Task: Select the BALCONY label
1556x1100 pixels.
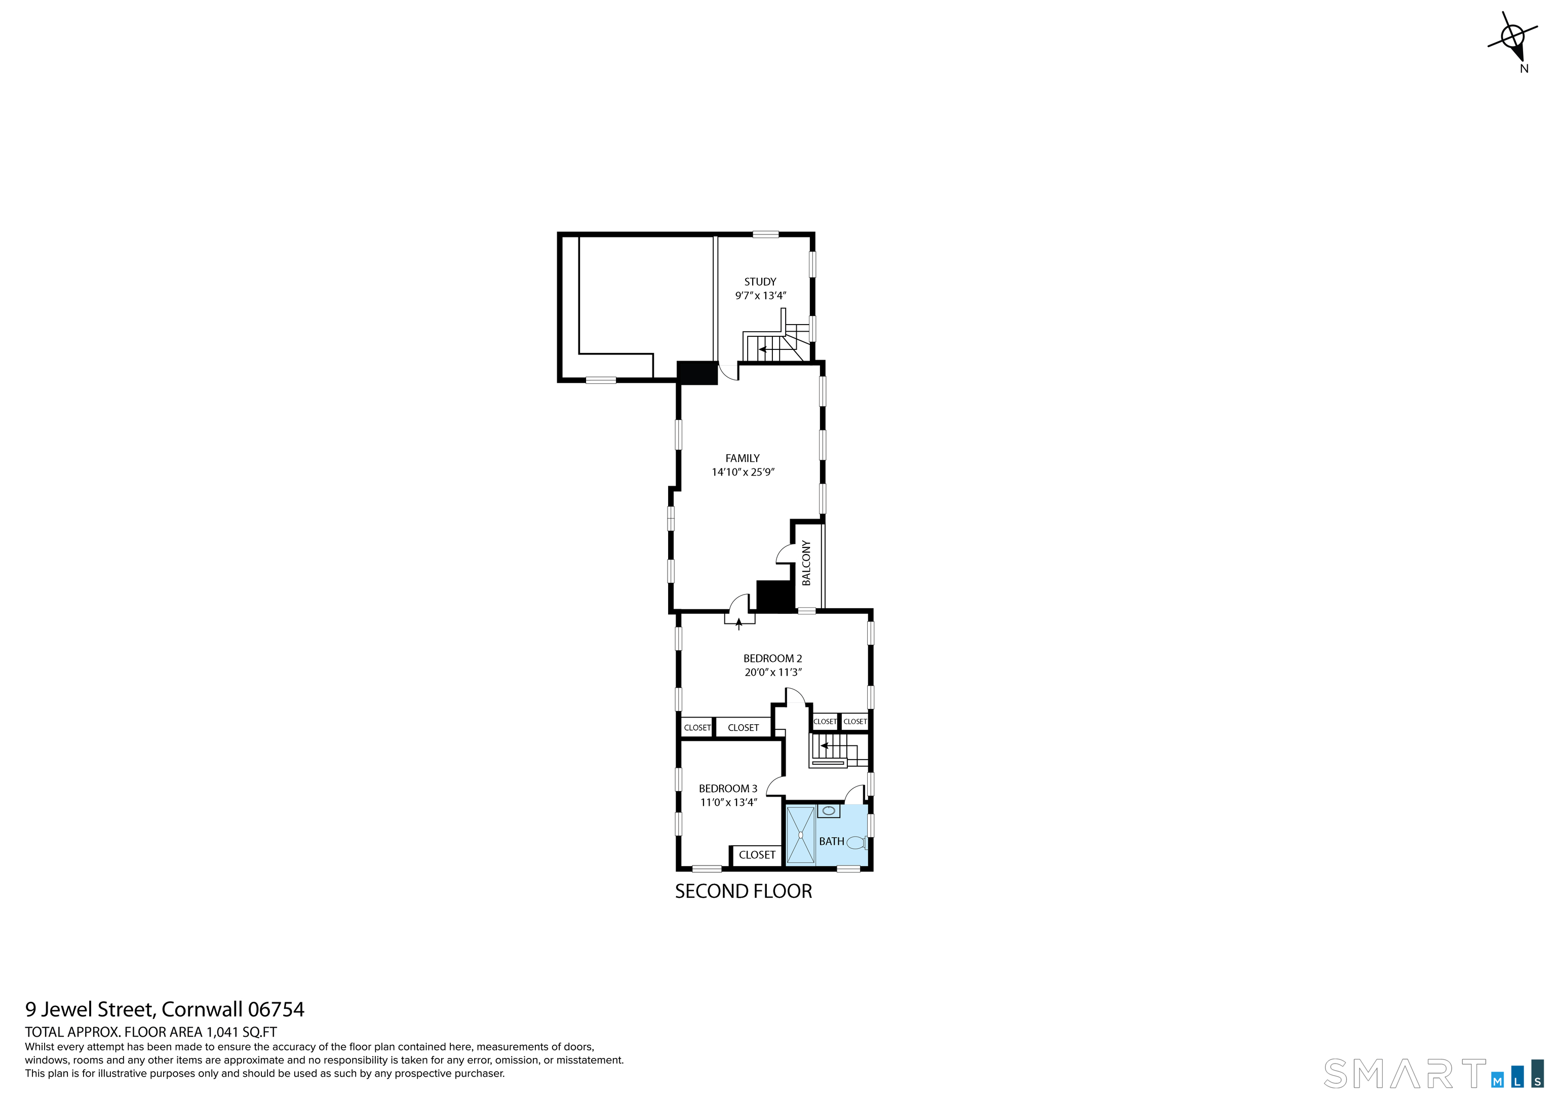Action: [x=806, y=563]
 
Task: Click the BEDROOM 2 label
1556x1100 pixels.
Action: [x=772, y=658]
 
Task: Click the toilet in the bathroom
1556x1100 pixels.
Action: [x=856, y=843]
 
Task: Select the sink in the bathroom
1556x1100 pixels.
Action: [x=828, y=811]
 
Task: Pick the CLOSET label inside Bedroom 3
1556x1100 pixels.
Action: [x=756, y=855]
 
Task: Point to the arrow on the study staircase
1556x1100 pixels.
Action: [x=762, y=350]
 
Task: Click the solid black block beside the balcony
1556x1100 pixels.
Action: [x=774, y=597]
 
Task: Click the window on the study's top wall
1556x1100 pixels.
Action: [x=765, y=234]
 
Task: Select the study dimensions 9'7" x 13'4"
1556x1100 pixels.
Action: [x=760, y=295]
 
